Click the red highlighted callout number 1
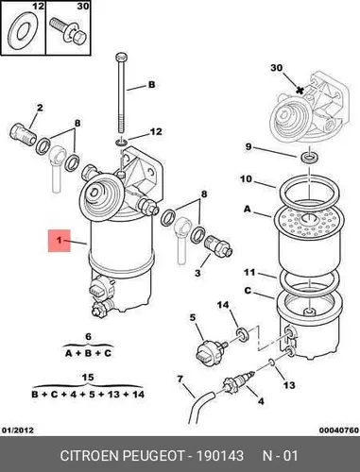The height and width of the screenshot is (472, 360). click(x=59, y=241)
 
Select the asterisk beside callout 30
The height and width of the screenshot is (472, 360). click(x=300, y=91)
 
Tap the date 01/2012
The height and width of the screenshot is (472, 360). click(x=18, y=430)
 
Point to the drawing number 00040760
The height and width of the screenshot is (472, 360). click(x=338, y=430)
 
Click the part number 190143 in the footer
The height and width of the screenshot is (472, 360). click(x=220, y=455)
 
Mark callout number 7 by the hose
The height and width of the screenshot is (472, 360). click(x=180, y=379)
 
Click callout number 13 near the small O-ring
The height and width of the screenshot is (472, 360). click(x=289, y=385)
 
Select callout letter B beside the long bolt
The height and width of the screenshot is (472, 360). click(x=152, y=85)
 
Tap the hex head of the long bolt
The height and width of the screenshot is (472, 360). click(x=122, y=58)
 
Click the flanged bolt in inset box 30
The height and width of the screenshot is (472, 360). click(x=68, y=30)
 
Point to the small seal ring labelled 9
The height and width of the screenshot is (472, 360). click(x=310, y=157)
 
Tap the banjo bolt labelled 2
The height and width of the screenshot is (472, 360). click(x=23, y=135)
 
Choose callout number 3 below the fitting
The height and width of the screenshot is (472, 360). click(x=197, y=272)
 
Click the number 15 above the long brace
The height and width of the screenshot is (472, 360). click(x=88, y=378)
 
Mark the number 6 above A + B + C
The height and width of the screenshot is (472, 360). click(x=88, y=337)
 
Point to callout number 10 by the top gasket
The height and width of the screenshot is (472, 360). click(x=246, y=179)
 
